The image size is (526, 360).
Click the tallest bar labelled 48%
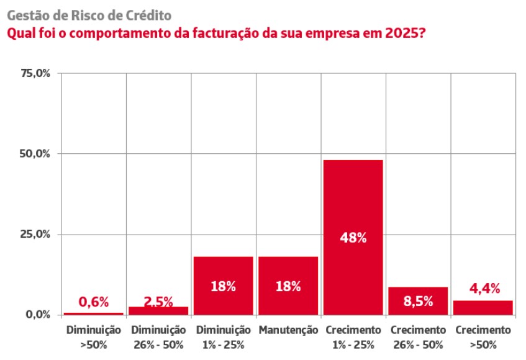coord(353,237)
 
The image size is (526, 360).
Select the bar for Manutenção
coord(288,286)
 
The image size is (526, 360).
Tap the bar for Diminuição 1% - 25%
coord(224,286)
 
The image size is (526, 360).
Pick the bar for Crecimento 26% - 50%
coord(418,300)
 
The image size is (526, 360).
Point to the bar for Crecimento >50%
coord(483,308)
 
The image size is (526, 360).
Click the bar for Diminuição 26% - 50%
coord(158,311)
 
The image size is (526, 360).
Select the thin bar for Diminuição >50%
coord(94,313)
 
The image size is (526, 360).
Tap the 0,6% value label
coord(94,302)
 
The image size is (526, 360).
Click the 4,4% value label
coord(484,288)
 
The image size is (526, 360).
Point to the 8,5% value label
coord(419,301)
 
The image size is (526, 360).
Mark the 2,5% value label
coord(158,301)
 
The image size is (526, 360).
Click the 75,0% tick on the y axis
coord(35,73)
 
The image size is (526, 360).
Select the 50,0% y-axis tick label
coord(35,154)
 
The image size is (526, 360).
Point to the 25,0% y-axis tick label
coord(35,234)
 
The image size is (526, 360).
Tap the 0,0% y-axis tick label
coord(38,315)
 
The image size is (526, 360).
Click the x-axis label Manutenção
coord(288,330)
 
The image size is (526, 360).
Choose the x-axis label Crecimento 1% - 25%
coord(353,337)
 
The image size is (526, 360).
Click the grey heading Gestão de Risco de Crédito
coord(89,16)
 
